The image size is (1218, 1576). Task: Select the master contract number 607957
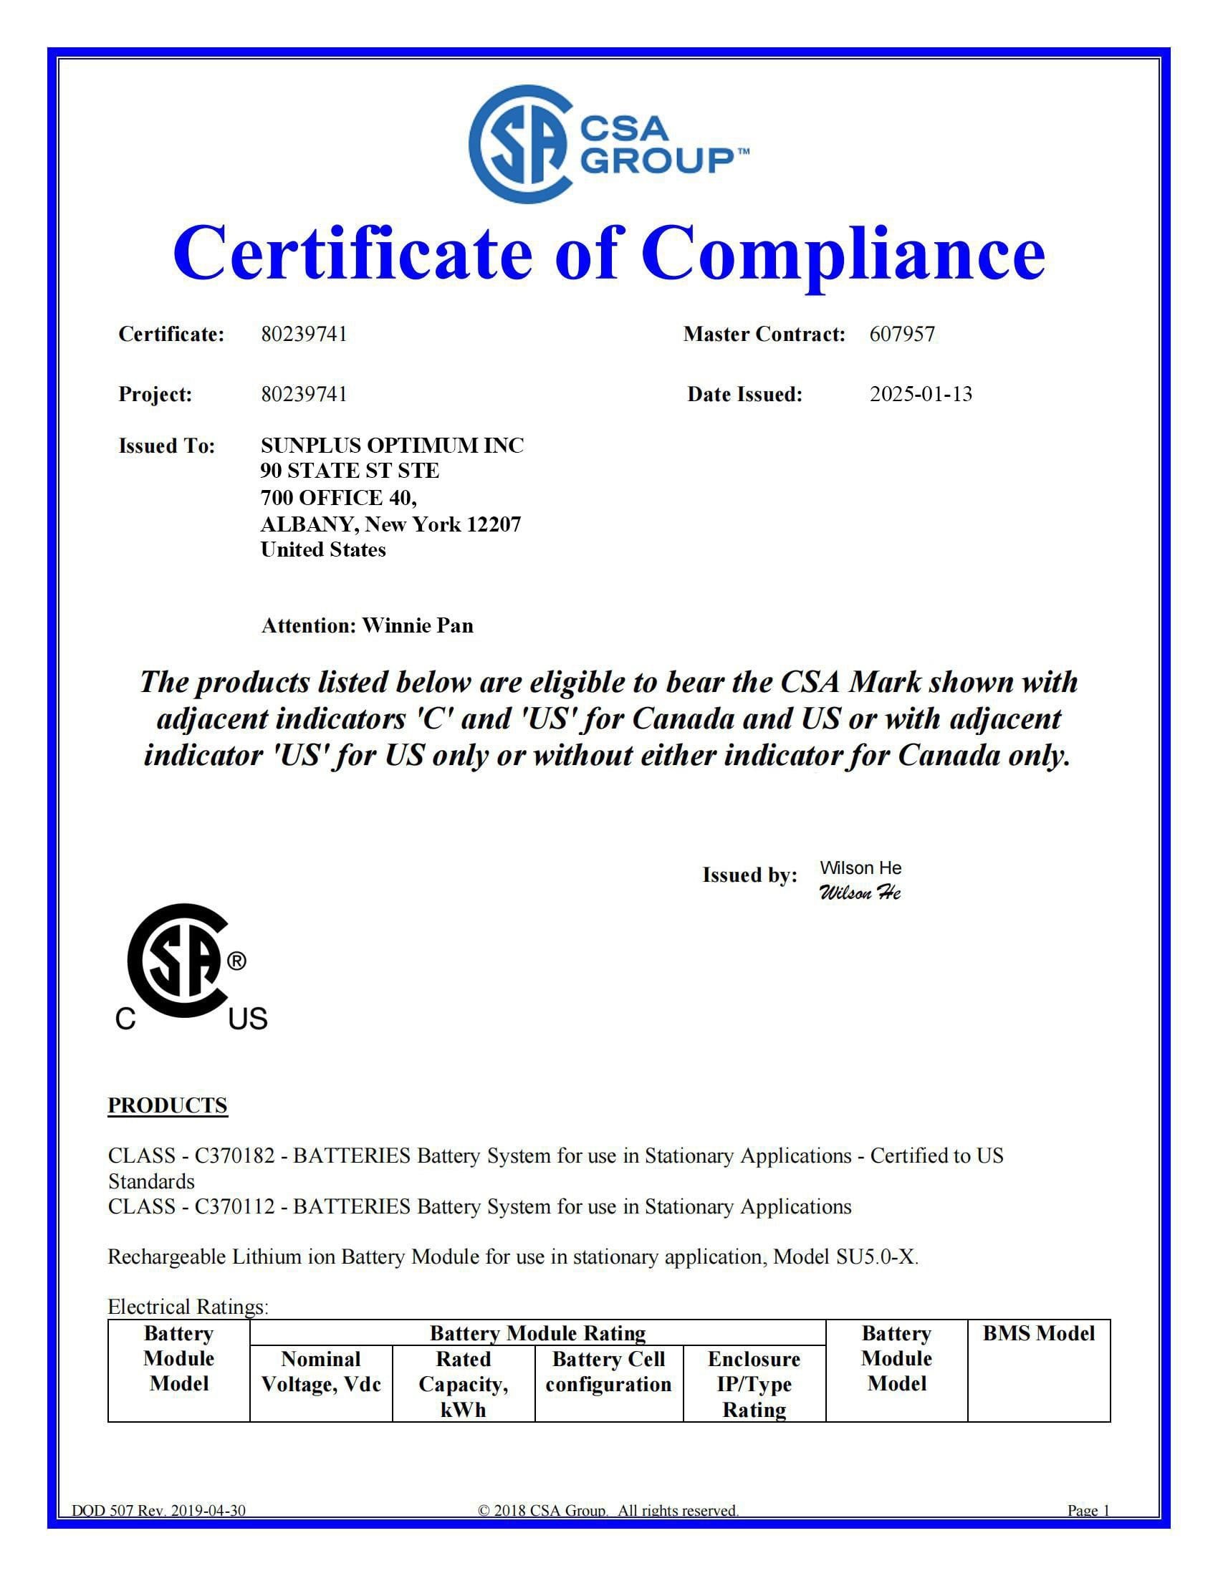point(902,334)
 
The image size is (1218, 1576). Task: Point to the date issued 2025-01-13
point(921,394)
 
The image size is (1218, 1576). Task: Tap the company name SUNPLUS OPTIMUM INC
point(392,446)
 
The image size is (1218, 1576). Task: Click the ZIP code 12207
point(494,524)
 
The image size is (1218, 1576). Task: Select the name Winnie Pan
point(417,625)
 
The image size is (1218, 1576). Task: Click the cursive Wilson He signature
point(859,893)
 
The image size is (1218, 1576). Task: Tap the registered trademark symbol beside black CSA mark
point(236,962)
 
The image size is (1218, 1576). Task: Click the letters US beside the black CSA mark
point(247,1019)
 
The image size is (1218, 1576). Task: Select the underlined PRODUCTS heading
point(168,1105)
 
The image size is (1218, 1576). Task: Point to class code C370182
point(234,1156)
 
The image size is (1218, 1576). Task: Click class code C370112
point(234,1206)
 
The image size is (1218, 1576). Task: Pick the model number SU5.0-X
point(876,1257)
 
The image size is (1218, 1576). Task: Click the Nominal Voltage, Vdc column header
point(320,1371)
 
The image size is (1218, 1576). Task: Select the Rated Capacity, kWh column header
point(464,1383)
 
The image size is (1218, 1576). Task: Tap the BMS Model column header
point(1038,1334)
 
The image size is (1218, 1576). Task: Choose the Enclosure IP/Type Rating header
point(754,1383)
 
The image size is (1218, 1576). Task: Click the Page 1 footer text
point(1088,1510)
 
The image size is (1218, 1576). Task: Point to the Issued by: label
point(749,875)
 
